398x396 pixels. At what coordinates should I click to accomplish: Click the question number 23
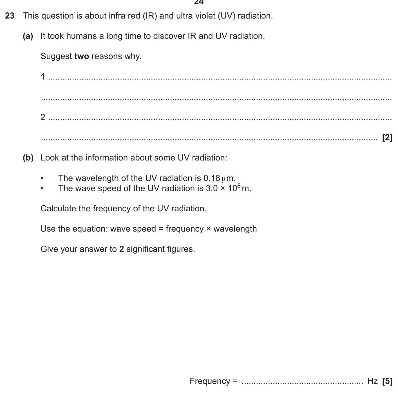(x=10, y=16)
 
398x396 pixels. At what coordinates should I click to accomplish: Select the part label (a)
(x=28, y=36)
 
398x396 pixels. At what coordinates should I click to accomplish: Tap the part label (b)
(x=28, y=158)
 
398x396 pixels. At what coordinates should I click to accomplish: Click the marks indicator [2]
(x=387, y=137)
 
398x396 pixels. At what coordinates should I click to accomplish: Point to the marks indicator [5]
(x=387, y=381)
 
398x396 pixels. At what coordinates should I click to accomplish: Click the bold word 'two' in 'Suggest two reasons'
(x=82, y=56)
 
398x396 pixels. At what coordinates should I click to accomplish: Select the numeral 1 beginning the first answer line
(x=43, y=76)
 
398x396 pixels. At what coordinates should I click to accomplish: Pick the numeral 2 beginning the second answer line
(x=43, y=117)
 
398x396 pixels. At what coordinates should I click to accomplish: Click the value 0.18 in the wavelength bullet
(x=211, y=178)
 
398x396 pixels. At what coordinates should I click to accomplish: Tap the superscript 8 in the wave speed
(x=239, y=186)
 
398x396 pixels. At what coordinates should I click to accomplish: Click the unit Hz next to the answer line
(x=372, y=381)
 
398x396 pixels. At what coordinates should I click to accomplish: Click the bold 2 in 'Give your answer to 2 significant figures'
(x=121, y=249)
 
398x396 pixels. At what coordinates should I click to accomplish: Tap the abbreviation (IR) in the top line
(x=150, y=16)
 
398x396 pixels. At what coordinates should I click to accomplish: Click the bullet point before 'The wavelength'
(x=42, y=178)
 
